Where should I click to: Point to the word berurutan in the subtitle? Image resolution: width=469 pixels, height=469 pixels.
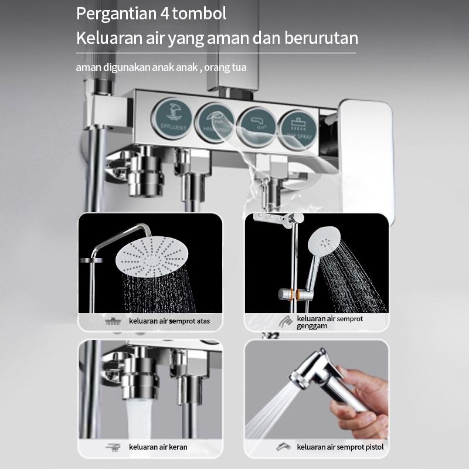tap(322, 39)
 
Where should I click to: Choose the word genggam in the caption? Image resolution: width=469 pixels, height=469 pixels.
tap(312, 326)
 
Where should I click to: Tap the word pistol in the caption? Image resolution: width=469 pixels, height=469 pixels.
tap(373, 447)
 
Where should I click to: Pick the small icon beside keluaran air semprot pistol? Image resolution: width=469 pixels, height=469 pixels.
tap(284, 447)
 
